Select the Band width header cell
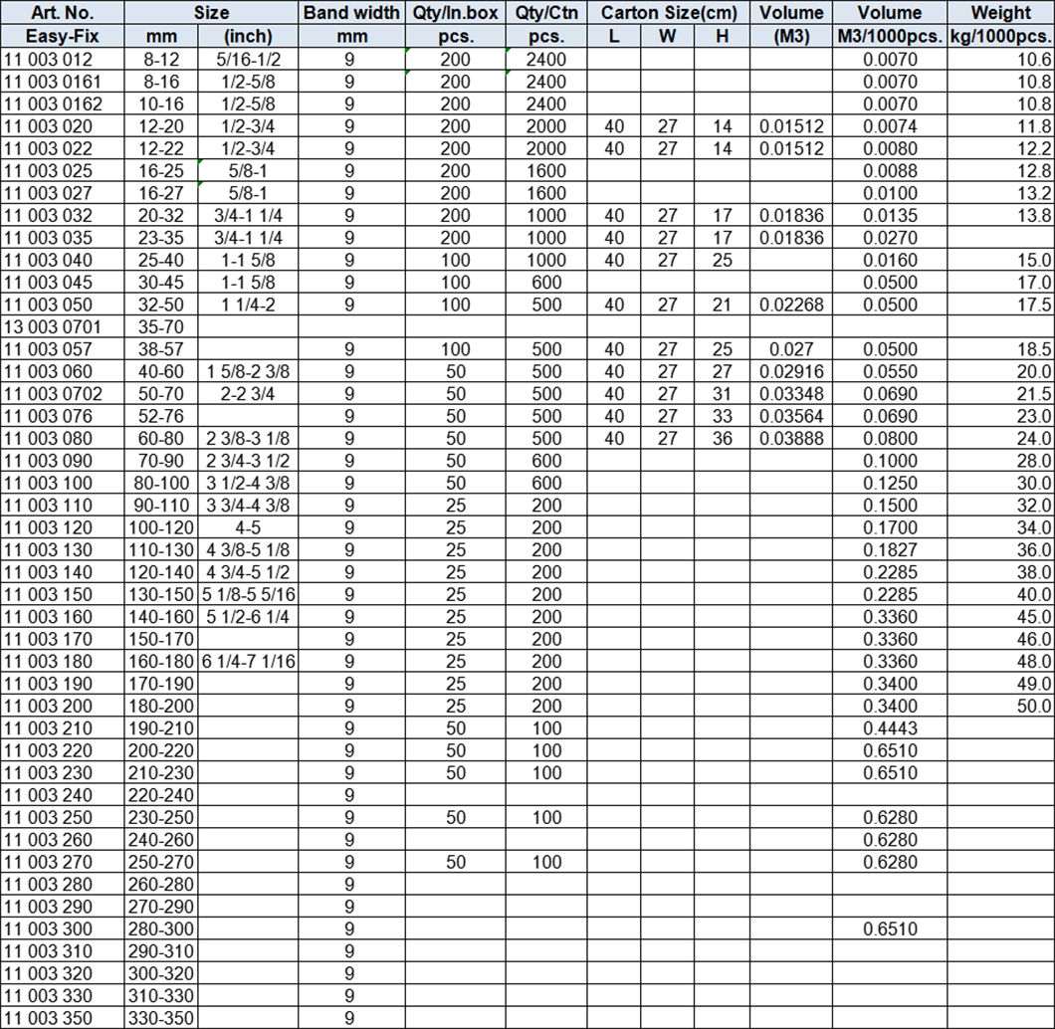351,13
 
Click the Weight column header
1000,13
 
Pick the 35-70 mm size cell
160,326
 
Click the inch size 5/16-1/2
249,59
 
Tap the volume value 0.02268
791,305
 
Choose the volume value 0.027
791,349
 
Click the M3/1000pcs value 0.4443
891,728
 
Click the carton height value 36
723,438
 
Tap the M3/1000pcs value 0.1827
891,549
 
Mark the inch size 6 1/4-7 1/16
249,661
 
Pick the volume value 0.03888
791,438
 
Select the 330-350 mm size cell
160,1018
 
